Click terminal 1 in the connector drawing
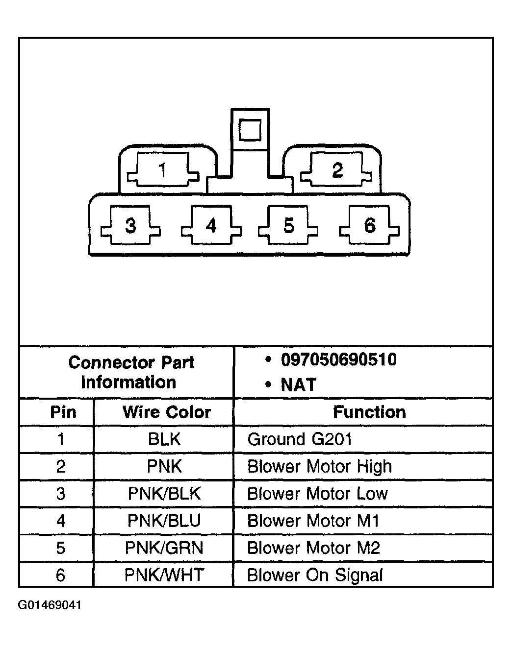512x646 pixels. tap(163, 169)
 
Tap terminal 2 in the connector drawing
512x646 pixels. tap(336, 169)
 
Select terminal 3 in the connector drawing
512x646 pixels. tap(130, 225)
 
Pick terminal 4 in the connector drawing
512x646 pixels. tap(211, 225)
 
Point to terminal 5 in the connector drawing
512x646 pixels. tap(288, 225)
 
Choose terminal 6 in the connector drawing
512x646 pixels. tap(369, 225)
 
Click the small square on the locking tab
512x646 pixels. tap(250, 130)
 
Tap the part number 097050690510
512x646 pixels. tap(339, 359)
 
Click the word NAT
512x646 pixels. tap(298, 384)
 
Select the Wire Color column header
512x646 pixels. tap(167, 412)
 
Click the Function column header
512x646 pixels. tap(369, 412)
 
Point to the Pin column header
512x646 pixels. tap(63, 412)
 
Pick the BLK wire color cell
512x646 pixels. tap(164, 439)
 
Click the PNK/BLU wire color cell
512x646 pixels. tap(164, 521)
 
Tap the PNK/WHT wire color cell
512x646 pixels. tap(164, 575)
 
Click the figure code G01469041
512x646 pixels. tap(50, 605)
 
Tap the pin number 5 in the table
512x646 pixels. tap(60, 548)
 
